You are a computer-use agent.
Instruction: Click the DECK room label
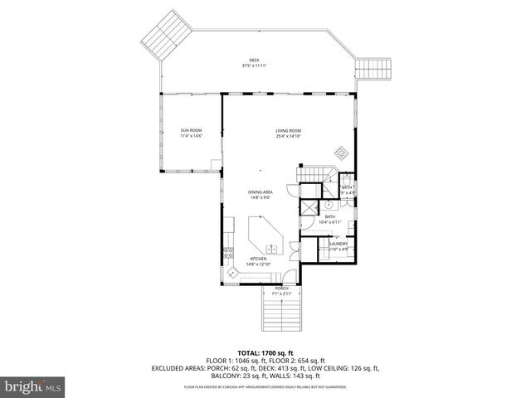tap(254, 60)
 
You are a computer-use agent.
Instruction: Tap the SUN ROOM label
tap(192, 130)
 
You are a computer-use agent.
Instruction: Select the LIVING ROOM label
tap(288, 130)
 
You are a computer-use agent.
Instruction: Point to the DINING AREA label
tap(260, 192)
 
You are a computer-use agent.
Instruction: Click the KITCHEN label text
tap(259, 259)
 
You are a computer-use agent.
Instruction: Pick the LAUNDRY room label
tap(338, 244)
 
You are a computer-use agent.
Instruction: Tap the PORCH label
tap(281, 288)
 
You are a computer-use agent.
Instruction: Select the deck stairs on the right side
tap(373, 67)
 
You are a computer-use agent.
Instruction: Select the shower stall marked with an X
tap(309, 207)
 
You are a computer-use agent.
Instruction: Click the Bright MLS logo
tap(33, 386)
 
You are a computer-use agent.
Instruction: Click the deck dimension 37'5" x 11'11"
tap(254, 66)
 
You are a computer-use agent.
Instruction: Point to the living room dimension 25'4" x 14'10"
tap(288, 136)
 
